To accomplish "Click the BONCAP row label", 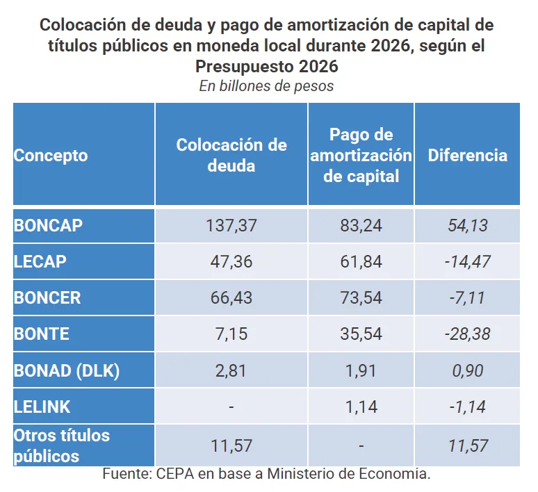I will click(48, 226).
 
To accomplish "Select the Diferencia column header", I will click(467, 155).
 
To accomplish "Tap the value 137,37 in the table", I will click(231, 226).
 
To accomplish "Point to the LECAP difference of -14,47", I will click(467, 261).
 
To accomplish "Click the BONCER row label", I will click(47, 297).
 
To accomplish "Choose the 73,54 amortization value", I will click(361, 297).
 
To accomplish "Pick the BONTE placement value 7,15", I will click(231, 334).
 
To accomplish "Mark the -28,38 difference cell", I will click(467, 334).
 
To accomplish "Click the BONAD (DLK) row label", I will click(67, 370).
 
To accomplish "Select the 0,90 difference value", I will click(467, 370).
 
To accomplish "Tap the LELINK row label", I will click(42, 406).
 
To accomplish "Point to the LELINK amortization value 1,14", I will click(361, 406).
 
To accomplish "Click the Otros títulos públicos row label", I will click(62, 445).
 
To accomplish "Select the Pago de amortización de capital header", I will click(361, 155).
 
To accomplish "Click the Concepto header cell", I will click(51, 155).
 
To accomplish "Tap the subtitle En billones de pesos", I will click(266, 86).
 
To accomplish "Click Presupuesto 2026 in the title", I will click(266, 67).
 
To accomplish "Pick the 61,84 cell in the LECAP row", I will click(361, 261).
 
